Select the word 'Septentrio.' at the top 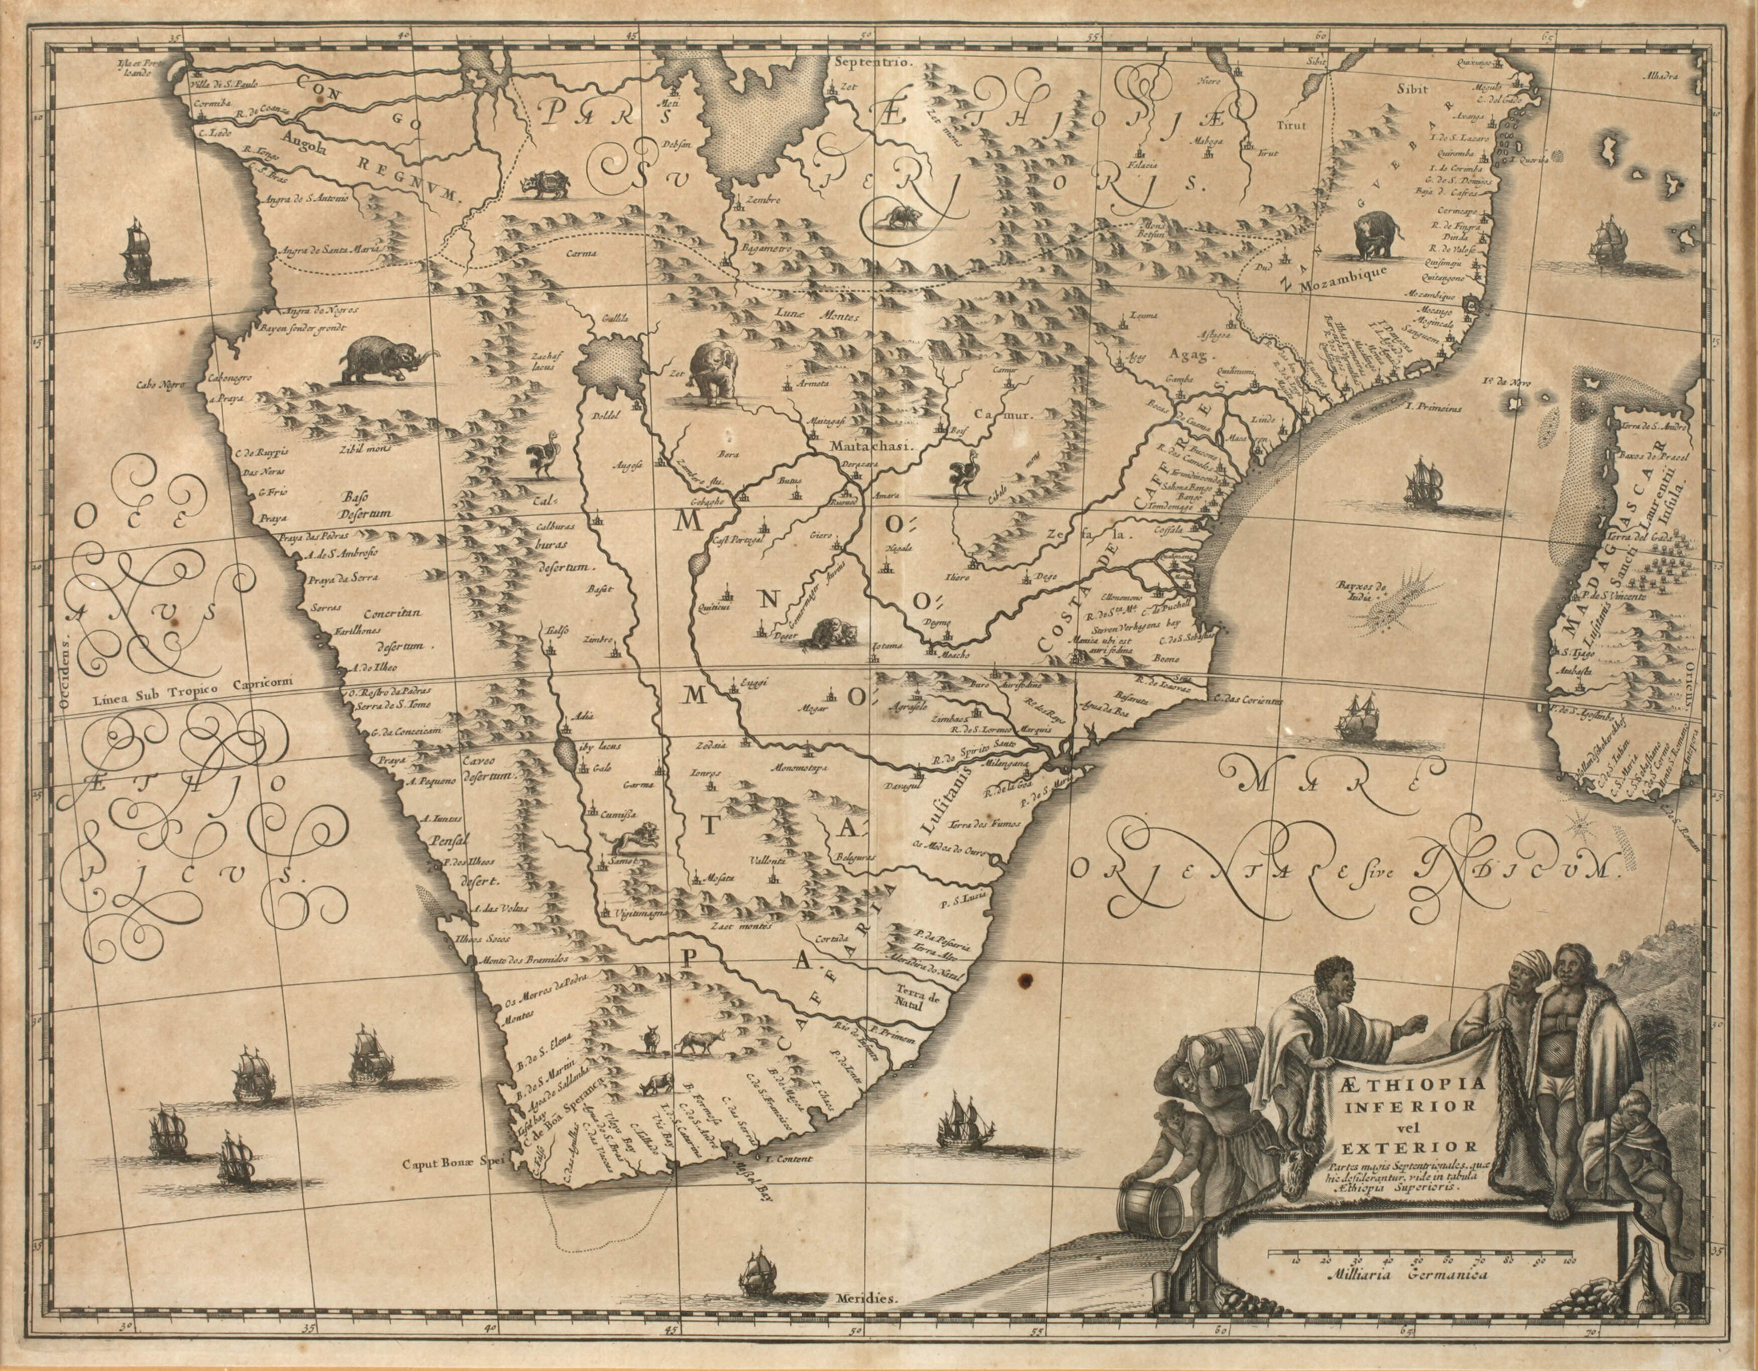tap(872, 62)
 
